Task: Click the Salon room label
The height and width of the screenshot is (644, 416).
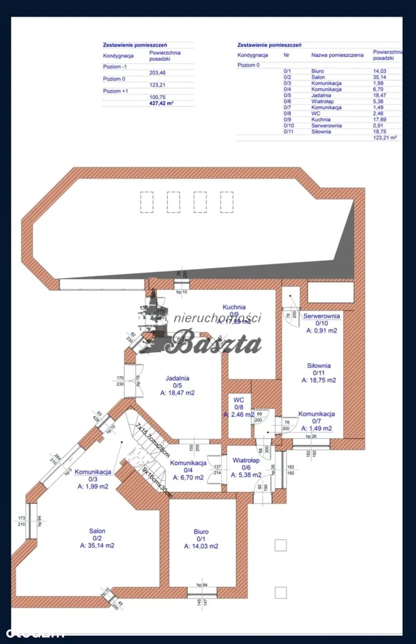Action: (97, 531)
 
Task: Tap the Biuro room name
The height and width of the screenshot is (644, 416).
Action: (201, 531)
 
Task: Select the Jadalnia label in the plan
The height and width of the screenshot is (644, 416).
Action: (177, 378)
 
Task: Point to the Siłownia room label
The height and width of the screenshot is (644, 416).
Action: (319, 365)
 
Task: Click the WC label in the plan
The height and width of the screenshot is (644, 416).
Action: (238, 399)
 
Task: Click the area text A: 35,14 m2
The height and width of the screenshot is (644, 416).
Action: (97, 546)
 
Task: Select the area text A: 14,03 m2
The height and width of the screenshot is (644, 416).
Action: (201, 547)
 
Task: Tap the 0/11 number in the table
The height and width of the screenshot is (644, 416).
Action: (288, 131)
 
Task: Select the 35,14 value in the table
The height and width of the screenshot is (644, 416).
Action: (381, 77)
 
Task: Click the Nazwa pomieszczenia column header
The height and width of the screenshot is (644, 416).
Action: (337, 55)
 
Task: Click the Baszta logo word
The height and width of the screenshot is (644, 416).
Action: (217, 344)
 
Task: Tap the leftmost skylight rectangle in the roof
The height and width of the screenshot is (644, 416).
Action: (146, 202)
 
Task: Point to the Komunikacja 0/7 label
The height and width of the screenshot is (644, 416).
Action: (316, 414)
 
